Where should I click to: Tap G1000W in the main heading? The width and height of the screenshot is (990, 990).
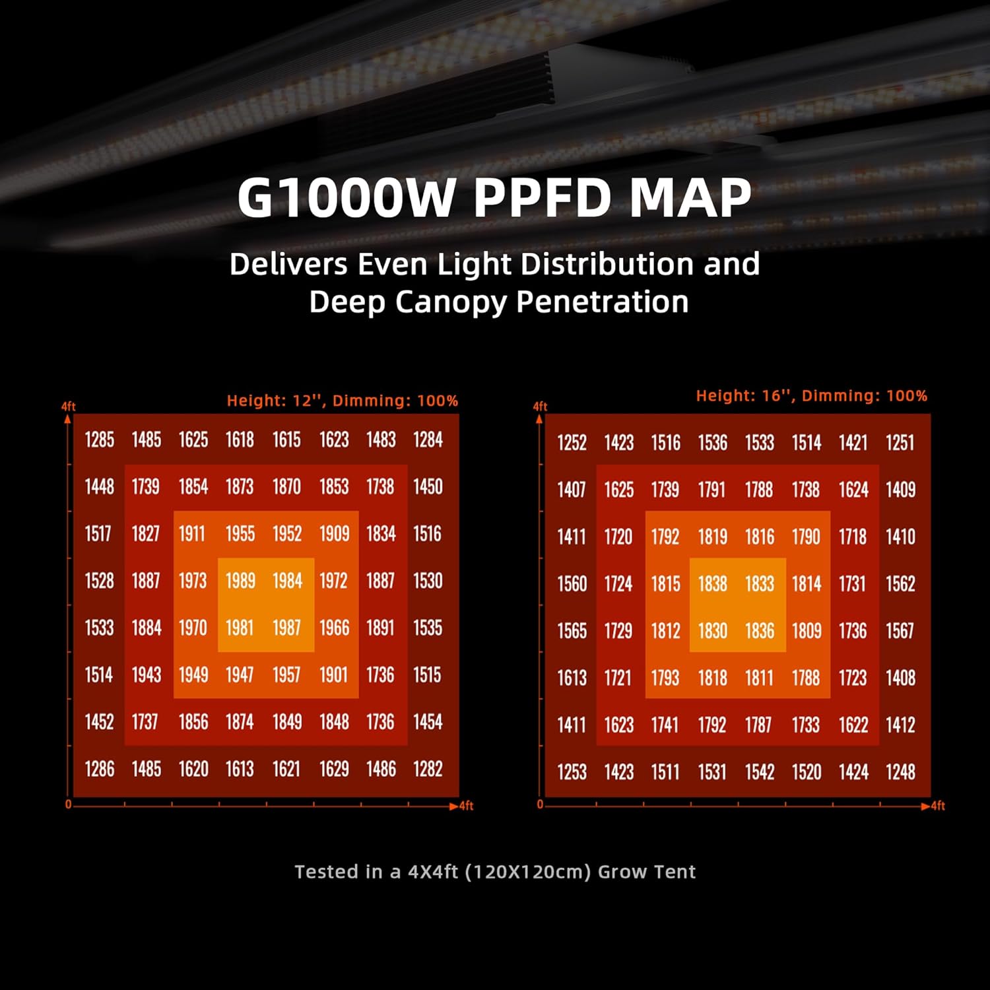[x=346, y=197]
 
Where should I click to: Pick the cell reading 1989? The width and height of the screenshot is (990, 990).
[x=240, y=581]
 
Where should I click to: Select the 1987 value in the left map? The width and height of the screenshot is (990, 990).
[x=287, y=628]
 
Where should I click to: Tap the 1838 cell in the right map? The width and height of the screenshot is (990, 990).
[x=713, y=583]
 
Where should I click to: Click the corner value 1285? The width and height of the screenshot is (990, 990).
[x=100, y=440]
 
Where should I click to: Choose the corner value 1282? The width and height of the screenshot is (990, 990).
[x=428, y=769]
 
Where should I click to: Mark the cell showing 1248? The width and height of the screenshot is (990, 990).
[x=900, y=772]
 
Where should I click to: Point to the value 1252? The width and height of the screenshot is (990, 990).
[x=572, y=442]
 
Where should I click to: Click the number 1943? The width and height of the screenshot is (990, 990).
[x=147, y=675]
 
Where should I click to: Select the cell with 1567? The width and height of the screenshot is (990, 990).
[x=900, y=630]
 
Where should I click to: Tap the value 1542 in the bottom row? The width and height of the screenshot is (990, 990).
[x=760, y=772]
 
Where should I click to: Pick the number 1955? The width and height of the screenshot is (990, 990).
[x=240, y=533]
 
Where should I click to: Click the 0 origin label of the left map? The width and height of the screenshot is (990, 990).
[x=68, y=805]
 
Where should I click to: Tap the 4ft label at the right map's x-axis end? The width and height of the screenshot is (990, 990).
[x=938, y=806]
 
